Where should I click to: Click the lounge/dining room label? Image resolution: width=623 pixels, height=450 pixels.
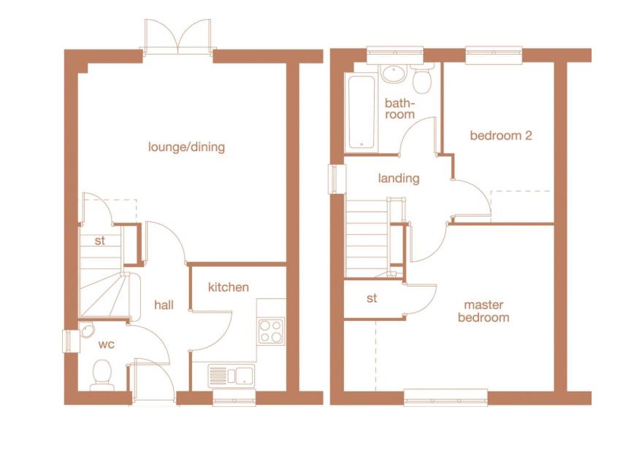pos(186,147)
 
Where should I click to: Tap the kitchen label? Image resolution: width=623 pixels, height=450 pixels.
pos(228,287)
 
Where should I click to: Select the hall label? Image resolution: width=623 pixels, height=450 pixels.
pos(164,305)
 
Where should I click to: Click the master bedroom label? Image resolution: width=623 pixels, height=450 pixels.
pos(483,311)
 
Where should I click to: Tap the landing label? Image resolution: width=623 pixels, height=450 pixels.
pos(399,178)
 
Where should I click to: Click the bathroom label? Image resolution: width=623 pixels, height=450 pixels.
pos(400,109)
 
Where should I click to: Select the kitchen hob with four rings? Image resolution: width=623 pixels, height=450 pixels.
pos(271,331)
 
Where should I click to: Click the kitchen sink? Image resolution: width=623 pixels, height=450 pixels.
pos(232,376)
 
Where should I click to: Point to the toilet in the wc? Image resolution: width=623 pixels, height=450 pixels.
pos(101,376)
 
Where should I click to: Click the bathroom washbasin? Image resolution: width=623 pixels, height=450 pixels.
pos(393,73)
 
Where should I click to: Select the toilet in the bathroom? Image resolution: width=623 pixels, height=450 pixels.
pos(421,77)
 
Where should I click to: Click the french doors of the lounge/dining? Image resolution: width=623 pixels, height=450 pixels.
pos(177,36)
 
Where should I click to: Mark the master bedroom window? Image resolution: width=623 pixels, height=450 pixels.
pos(446,397)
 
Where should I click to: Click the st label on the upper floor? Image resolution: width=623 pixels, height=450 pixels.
pos(372,298)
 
